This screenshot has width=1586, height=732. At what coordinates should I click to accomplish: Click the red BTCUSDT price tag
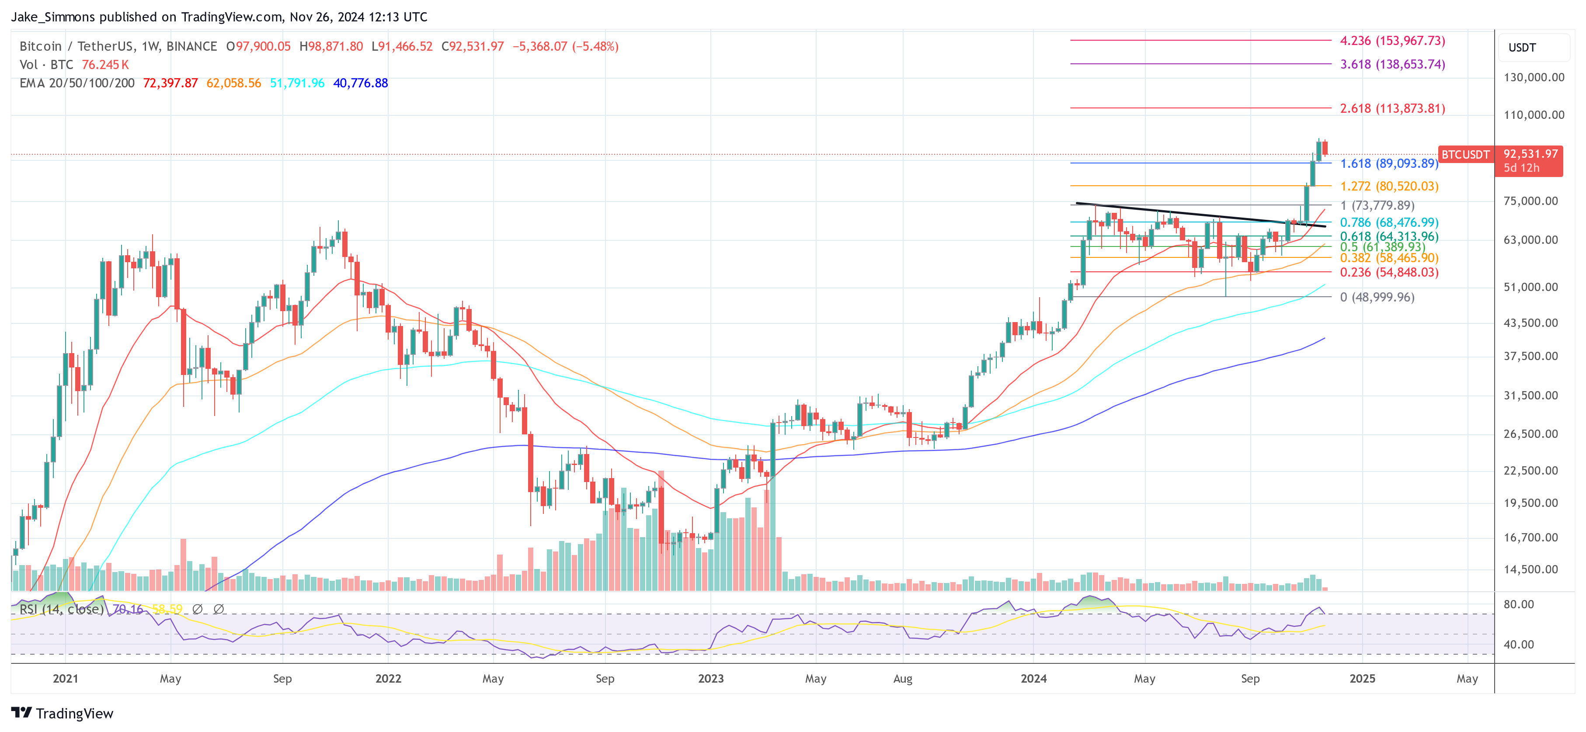(x=1465, y=155)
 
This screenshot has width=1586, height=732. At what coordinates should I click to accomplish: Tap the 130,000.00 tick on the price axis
(x=1533, y=78)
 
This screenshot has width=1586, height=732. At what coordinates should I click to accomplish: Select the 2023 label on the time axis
(x=710, y=678)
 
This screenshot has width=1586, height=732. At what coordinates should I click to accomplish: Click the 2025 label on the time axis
(x=1362, y=678)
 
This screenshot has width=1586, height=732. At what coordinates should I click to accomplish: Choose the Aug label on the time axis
(x=903, y=678)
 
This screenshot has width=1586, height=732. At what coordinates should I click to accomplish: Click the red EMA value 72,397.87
(x=170, y=83)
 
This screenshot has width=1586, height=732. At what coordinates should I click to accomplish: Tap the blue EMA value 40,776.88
(x=360, y=83)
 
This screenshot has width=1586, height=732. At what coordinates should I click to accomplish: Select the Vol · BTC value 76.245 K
(x=105, y=65)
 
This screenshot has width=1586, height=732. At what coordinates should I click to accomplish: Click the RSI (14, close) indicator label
(x=62, y=609)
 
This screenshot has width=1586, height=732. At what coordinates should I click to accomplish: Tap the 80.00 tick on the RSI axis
(x=1518, y=604)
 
